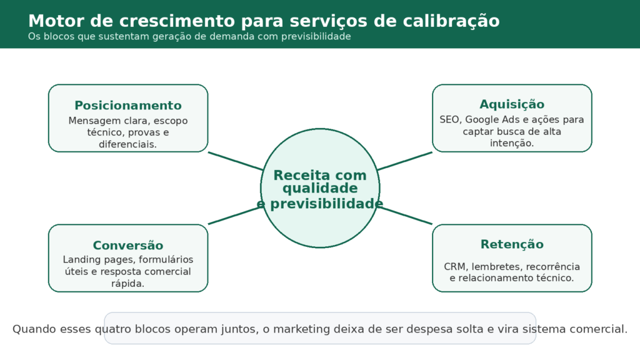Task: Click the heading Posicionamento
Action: coord(128,106)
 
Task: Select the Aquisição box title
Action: coord(512,104)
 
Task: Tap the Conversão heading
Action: coord(128,246)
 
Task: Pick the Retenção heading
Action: coord(512,244)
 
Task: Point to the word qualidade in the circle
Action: coord(320,189)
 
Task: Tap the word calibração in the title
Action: coord(454,21)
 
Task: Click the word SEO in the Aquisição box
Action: coord(449,119)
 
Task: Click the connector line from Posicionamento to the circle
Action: coord(234,161)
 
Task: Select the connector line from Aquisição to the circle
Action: coord(405,161)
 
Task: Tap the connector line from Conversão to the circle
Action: coord(234,215)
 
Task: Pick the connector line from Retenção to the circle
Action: coord(405,215)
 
